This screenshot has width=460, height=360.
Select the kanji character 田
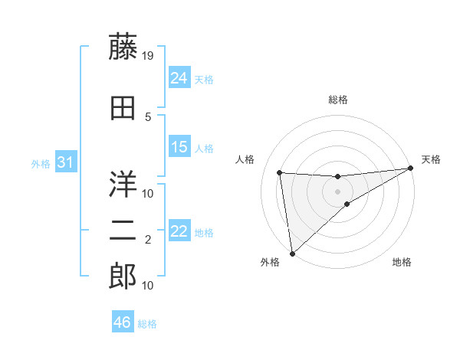[x=122, y=109]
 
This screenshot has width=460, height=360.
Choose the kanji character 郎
[x=122, y=277]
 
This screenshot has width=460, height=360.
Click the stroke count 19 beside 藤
[x=149, y=55]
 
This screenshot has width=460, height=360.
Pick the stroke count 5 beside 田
[x=148, y=116]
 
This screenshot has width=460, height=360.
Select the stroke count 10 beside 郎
[x=149, y=286]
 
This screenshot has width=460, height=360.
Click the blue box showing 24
[x=179, y=77]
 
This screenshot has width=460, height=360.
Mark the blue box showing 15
[x=179, y=147]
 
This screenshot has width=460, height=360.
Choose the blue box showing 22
[x=179, y=231]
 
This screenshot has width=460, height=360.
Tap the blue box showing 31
[x=65, y=162]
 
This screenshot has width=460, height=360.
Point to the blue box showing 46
[x=123, y=322]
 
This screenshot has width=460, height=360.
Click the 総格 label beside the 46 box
[x=147, y=324]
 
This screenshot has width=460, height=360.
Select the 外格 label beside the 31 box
[x=41, y=163]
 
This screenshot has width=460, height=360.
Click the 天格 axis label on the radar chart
[x=431, y=159]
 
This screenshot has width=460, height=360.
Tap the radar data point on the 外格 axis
[x=292, y=254]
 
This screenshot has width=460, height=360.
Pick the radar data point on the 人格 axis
[x=280, y=172]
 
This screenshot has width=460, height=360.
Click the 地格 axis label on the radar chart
[x=402, y=263]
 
